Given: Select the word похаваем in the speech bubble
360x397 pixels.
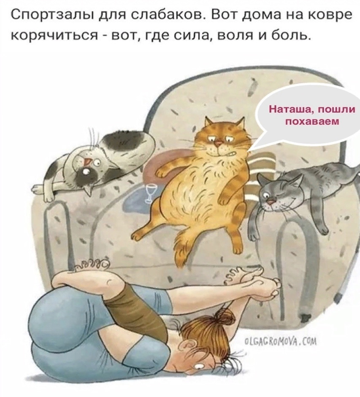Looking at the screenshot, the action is click(312, 122).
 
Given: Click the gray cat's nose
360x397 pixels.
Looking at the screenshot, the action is click(271, 202).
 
